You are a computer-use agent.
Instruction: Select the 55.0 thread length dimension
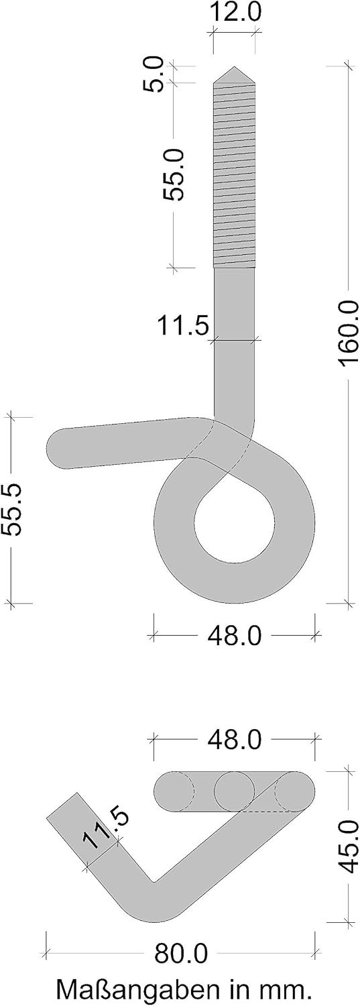point(173,174)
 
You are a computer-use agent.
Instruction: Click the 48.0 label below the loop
point(234,636)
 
